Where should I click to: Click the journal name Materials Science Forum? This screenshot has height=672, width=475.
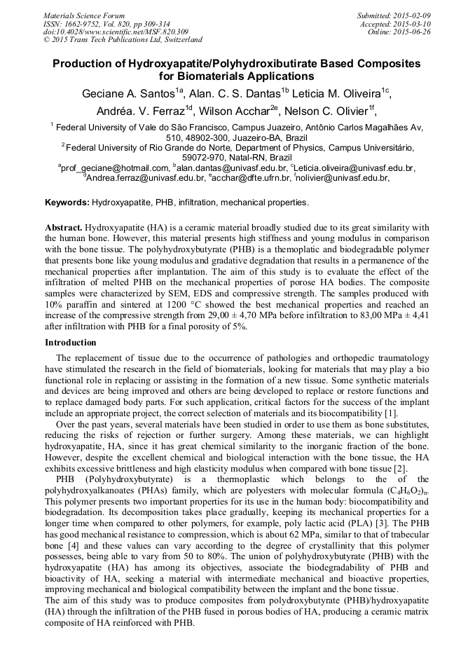pyautogui.click(x=84, y=15)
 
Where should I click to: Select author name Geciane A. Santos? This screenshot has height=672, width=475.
pyautogui.click(x=128, y=94)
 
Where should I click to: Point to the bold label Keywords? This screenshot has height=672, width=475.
pyautogui.click(x=67, y=203)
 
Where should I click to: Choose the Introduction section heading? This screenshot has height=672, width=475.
pyautogui.click(x=71, y=343)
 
